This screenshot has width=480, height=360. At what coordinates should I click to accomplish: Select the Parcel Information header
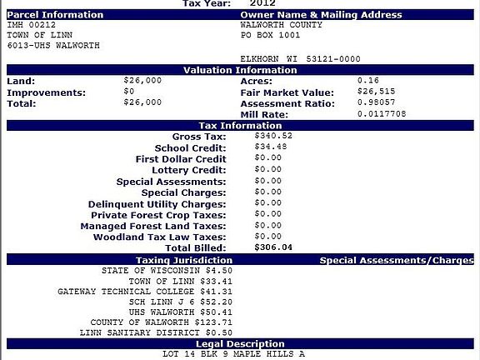pos(55,15)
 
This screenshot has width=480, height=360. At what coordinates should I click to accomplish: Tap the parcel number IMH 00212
pos(31,25)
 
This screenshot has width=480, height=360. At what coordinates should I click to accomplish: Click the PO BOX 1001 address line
pos(269,35)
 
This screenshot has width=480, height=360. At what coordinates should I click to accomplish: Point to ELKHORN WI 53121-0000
pos(301,58)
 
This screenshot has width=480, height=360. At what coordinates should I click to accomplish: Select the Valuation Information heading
pos(240,70)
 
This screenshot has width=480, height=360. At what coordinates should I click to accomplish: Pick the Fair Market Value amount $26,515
pos(373,92)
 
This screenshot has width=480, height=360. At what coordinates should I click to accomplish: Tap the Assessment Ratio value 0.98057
pos(373,103)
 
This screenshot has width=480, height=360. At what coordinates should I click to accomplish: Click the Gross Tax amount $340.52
pos(274,136)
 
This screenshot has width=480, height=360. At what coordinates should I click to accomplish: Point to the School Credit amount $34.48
pos(271,147)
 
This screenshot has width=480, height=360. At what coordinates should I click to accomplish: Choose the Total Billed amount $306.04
pos(274,247)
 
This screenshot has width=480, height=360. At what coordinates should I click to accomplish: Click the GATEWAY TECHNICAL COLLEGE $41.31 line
pos(151,292)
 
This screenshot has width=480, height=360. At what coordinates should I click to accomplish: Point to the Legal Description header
pos(240,343)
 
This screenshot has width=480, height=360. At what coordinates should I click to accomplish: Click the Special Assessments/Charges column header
pos(396,260)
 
